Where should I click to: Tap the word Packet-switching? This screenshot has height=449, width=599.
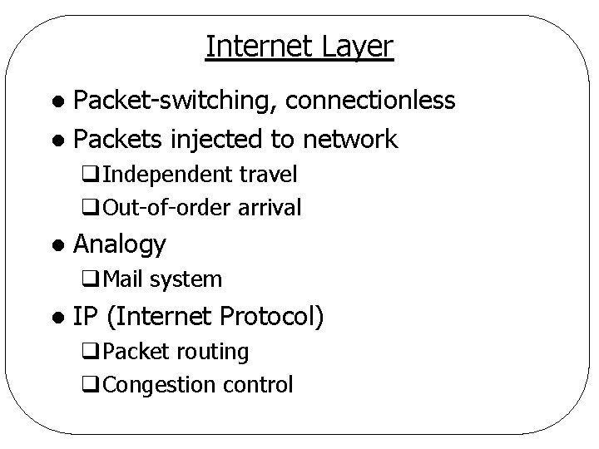(174, 101)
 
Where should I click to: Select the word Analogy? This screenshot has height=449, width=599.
(120, 244)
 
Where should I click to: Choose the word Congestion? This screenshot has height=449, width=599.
(153, 385)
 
